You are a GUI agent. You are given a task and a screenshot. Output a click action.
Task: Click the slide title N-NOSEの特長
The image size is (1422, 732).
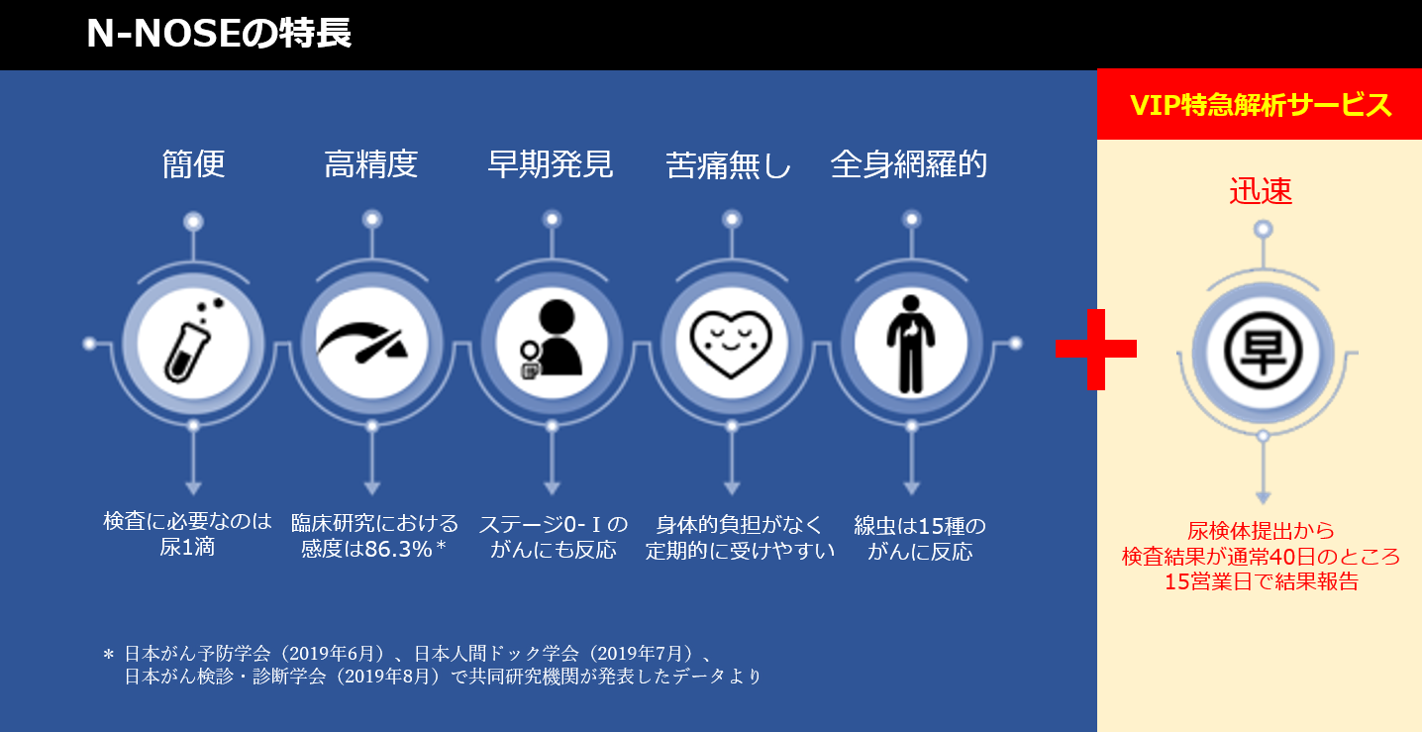[x=219, y=33]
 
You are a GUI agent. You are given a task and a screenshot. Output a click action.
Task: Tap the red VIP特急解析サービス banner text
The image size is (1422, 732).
[x=1261, y=105]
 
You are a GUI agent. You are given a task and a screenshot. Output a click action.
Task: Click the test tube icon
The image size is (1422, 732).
[x=192, y=341]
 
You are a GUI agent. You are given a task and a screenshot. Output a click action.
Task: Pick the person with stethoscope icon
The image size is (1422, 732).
[x=550, y=340]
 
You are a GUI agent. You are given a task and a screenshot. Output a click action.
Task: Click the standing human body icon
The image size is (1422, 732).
[x=911, y=344]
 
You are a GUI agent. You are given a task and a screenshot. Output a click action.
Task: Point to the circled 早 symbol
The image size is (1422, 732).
[x=1263, y=351]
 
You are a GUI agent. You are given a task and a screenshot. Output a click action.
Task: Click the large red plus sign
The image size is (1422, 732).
[x=1095, y=350]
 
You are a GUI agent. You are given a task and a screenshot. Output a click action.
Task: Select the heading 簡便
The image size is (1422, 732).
[x=194, y=164]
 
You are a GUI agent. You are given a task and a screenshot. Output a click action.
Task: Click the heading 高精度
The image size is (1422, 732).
[x=370, y=164]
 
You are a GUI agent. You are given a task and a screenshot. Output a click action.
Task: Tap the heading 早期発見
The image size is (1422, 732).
[x=551, y=164]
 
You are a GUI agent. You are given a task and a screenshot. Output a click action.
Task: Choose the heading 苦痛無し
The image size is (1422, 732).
[x=728, y=165]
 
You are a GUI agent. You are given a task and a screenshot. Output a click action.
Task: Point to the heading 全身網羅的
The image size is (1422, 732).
[x=909, y=164]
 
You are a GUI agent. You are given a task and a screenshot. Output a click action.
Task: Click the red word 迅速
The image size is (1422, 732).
[x=1261, y=190]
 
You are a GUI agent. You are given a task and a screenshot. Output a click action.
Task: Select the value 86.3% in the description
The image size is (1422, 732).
[x=399, y=549]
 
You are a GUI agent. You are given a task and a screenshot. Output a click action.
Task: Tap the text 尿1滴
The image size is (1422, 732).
[x=187, y=547]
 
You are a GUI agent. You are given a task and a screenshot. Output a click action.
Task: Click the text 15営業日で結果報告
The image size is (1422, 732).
[x=1262, y=581]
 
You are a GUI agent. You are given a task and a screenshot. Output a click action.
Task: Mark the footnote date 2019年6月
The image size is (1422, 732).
[x=333, y=654]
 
